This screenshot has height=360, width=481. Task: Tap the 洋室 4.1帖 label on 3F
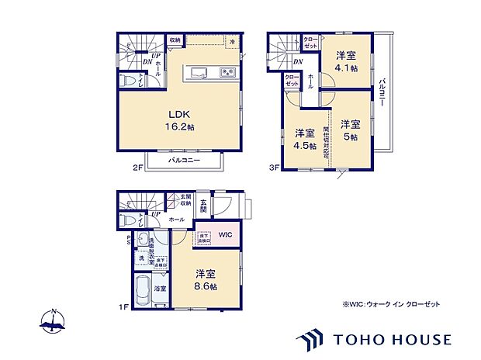point(346,61)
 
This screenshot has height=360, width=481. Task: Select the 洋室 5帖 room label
point(351,130)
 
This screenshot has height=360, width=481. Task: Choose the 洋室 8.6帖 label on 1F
point(205,280)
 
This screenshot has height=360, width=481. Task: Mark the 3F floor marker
point(273,165)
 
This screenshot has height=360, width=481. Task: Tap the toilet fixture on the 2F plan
point(130,81)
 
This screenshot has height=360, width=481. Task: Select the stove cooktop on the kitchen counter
point(227,74)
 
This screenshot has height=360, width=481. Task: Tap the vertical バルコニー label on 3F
point(382,97)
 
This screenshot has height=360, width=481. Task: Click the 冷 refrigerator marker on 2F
point(231,40)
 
